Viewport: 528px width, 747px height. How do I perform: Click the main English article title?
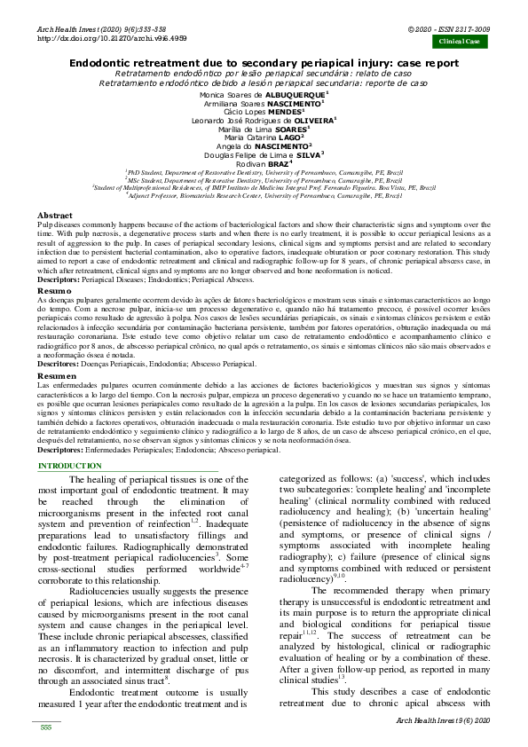pos(264,64)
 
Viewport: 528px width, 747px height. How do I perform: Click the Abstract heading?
pos(55,216)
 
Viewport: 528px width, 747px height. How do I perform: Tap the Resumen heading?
pos(55,376)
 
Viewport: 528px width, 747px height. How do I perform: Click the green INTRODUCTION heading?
pos(70,466)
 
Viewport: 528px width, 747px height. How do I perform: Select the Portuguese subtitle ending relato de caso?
pos(264,73)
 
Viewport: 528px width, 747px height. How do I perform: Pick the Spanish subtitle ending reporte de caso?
pos(264,82)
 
